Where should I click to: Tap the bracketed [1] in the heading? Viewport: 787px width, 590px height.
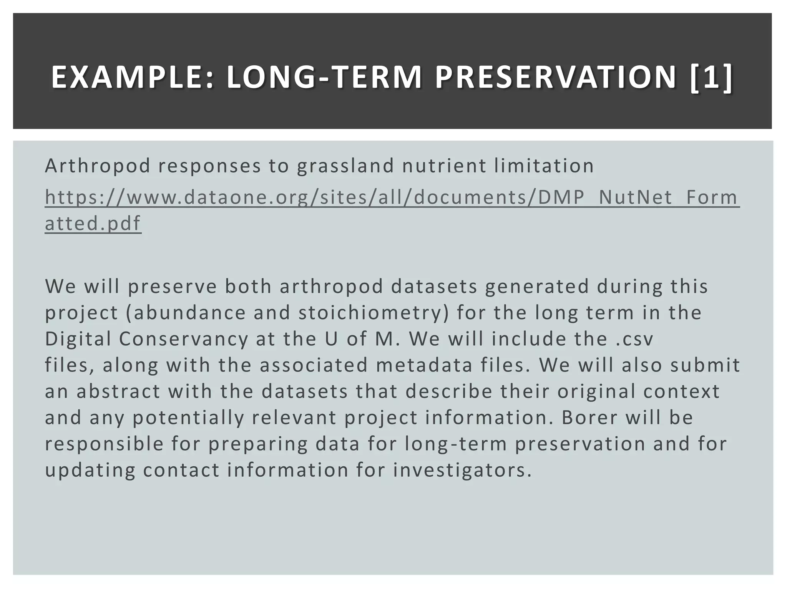711,78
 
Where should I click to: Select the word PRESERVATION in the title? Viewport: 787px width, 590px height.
555,78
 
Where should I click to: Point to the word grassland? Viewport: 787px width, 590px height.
345,166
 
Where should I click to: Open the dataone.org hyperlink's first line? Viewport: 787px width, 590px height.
392,197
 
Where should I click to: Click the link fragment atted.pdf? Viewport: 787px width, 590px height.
93,224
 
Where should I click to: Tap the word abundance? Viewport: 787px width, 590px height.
189,313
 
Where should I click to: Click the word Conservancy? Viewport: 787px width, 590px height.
183,339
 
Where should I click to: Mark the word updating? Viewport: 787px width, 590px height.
90,470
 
